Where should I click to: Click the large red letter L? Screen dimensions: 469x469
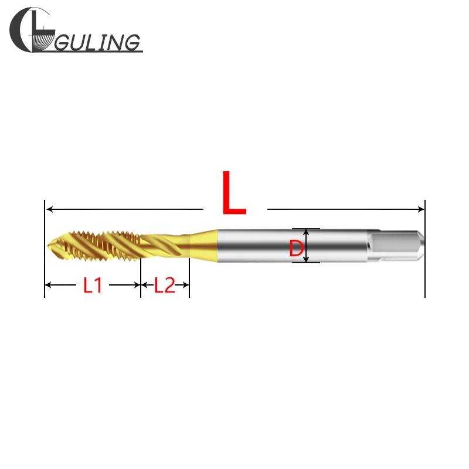(x=234, y=193)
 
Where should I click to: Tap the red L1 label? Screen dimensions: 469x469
(x=93, y=286)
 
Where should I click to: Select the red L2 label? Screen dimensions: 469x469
(x=165, y=286)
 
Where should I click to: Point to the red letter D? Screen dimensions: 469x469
(x=297, y=249)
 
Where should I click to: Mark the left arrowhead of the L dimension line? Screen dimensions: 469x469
(x=49, y=209)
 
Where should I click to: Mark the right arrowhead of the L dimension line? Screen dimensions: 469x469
(x=420, y=209)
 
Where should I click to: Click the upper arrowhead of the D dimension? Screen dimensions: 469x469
(x=305, y=232)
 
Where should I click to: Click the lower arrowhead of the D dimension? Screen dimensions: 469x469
(x=305, y=259)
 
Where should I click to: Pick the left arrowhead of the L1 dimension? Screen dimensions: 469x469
(x=49, y=286)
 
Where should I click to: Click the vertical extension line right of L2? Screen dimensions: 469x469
(x=189, y=278)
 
